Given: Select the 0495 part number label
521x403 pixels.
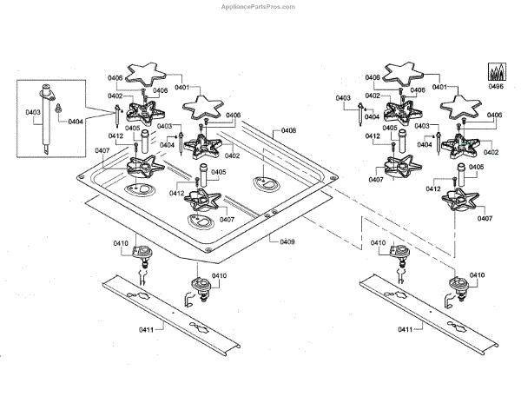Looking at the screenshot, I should (496, 87).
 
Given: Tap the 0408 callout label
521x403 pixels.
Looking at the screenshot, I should (288, 131).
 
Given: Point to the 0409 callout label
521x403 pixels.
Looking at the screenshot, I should (287, 242).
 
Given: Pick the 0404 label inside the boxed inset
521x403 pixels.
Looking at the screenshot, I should (76, 122).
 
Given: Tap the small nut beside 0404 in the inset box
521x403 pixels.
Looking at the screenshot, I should (58, 109).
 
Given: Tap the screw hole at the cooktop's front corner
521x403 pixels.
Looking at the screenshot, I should (211, 253).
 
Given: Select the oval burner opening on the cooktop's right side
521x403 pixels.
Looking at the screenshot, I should (265, 182).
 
